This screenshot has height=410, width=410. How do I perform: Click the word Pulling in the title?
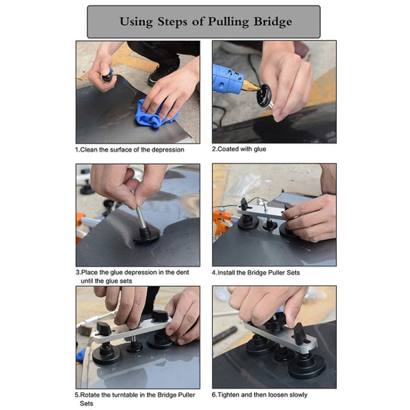[217, 22]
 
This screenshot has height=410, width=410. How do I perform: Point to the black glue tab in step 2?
[262, 96]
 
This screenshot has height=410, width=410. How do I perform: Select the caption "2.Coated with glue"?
[239, 149]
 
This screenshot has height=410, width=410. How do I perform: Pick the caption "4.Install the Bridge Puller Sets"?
[256, 273]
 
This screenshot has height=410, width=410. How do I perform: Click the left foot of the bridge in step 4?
[247, 221]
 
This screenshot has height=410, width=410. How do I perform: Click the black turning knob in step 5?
[159, 316]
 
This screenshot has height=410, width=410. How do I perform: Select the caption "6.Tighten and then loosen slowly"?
[260, 394]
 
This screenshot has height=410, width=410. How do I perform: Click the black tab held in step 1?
[107, 75]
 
